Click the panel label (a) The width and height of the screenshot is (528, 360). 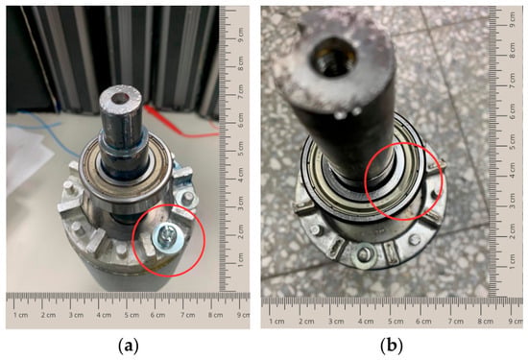[129, 346]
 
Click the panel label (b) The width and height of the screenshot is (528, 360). [392, 346]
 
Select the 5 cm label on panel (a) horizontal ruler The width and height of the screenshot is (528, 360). [132, 315]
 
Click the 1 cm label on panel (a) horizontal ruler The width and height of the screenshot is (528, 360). [21, 315]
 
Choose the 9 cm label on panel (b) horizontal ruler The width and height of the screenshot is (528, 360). [516, 321]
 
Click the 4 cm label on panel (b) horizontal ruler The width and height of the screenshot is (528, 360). [366, 321]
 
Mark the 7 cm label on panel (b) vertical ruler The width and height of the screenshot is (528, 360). [513, 80]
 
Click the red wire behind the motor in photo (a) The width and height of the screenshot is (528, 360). [179, 125]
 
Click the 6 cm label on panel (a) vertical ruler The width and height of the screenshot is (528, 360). [241, 120]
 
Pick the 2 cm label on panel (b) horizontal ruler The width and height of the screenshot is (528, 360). [307, 321]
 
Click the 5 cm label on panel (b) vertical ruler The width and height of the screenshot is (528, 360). [513, 141]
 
